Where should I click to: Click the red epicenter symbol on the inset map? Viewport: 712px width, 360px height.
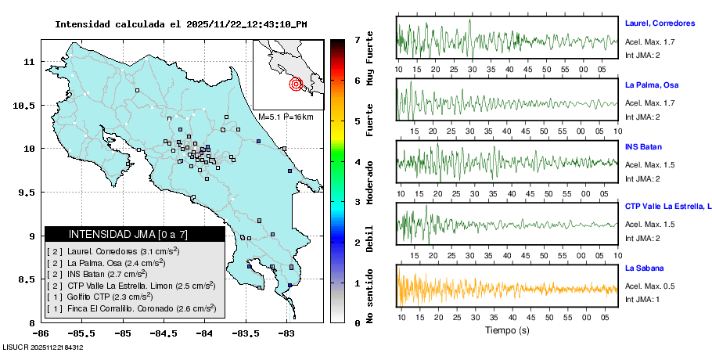pos(296,84)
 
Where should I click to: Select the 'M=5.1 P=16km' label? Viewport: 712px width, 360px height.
pos(286,117)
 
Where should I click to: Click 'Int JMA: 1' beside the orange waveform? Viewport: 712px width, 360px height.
pos(642,300)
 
